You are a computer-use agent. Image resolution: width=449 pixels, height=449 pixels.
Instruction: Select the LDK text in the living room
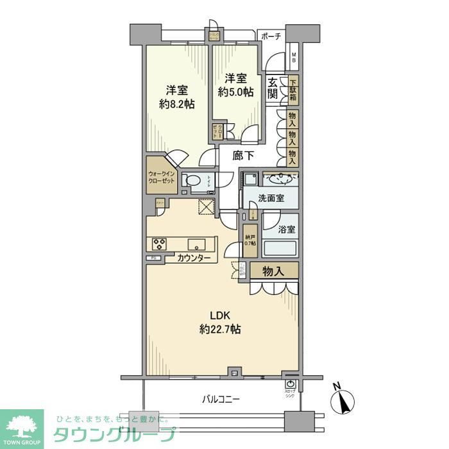point(219,315)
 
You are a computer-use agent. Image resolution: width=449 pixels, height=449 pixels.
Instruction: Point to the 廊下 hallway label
point(235,155)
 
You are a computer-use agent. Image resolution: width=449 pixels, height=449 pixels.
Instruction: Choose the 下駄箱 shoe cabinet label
point(292,89)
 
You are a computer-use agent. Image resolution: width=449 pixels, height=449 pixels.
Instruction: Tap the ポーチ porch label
point(271,37)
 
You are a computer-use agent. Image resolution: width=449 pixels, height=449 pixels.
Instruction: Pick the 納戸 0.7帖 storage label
point(250,239)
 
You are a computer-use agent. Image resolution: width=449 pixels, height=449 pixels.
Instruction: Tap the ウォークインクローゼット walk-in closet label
point(161,176)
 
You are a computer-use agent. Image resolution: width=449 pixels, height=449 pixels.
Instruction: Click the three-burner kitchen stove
point(159,244)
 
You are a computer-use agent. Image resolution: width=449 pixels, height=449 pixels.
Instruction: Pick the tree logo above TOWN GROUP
point(21,424)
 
